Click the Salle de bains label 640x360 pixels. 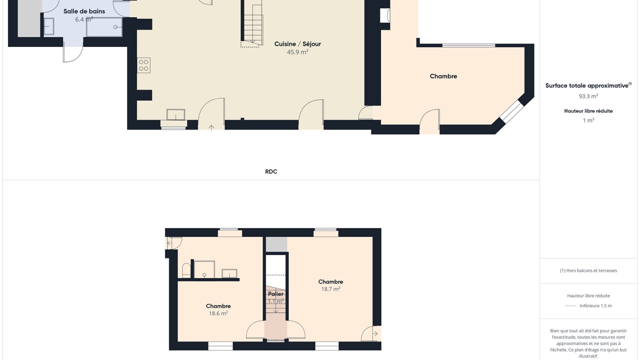[84, 11]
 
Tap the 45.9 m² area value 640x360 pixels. [297, 52]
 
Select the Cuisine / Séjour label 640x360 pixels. [297, 44]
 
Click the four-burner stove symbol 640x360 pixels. [143, 65]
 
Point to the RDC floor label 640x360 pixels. [271, 171]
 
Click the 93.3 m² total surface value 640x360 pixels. [588, 96]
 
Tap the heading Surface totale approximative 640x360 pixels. [587, 85]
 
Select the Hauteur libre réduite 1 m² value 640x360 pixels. [588, 120]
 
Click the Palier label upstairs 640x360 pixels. [275, 294]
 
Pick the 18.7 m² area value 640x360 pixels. [330, 289]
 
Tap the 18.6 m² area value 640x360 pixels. [218, 313]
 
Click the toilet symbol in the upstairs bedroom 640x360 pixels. [186, 270]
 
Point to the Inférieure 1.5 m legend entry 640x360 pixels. [595, 305]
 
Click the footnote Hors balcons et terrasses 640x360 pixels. [588, 270]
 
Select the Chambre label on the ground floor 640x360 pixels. [443, 76]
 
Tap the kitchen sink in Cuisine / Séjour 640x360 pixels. [175, 114]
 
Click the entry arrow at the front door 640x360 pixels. [211, 127]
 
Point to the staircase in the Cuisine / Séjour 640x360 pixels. [252, 23]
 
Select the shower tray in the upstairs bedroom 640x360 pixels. [204, 269]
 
